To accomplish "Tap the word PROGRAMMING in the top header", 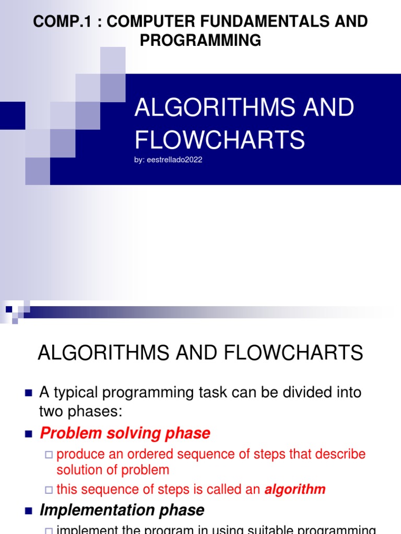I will click(200, 40).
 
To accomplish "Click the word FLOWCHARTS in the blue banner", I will click(220, 139).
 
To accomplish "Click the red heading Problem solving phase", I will click(125, 433).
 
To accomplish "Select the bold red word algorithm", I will click(295, 489).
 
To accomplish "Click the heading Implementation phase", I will click(122, 509).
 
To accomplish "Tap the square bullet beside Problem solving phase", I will click(29, 433).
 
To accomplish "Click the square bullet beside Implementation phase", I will click(29, 510).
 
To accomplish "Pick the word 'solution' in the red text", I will click(79, 469).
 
